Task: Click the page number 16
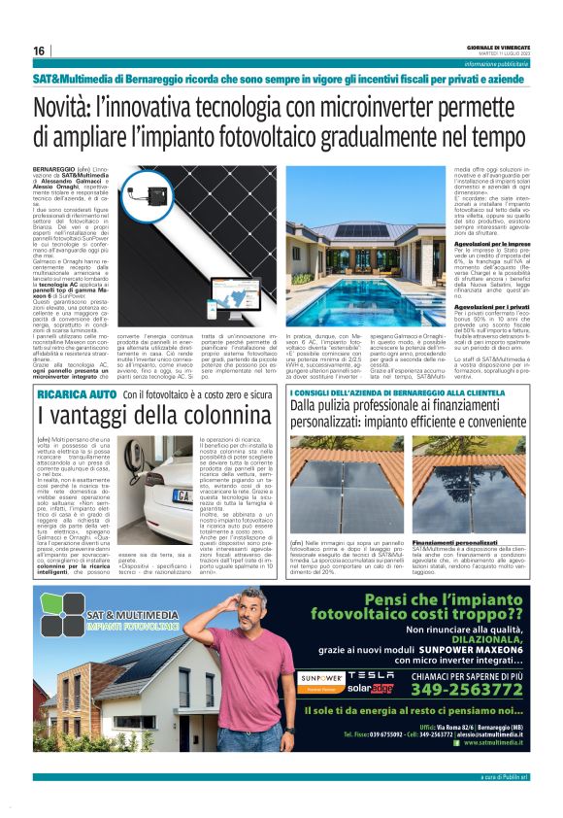tap(40, 51)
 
